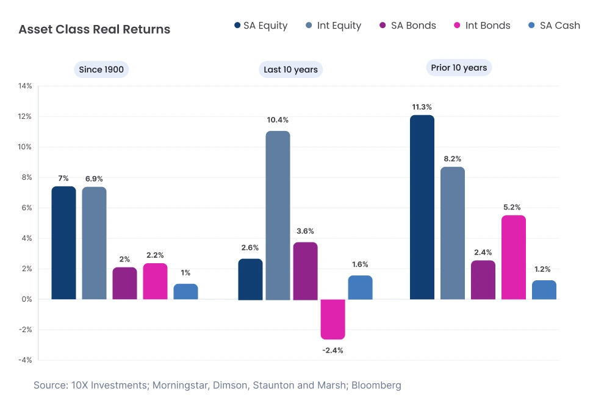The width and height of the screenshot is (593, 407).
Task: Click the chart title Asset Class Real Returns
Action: pos(95,29)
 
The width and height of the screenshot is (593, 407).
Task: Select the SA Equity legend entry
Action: pos(261,26)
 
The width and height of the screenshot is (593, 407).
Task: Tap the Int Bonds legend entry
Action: pos(482,26)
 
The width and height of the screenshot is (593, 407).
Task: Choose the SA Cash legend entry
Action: pos(553,26)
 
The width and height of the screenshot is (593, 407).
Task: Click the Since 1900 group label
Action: pos(101,69)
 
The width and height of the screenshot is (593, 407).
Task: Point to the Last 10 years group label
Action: pos(290,69)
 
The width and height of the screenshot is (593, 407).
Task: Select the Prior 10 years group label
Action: pos(459,68)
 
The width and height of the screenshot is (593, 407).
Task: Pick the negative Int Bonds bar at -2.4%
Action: pos(332,319)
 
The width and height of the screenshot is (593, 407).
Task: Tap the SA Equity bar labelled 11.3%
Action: pos(422,207)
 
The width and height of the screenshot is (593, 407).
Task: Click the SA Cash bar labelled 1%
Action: pos(185,291)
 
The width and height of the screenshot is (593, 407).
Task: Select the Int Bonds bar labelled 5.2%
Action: pos(514,257)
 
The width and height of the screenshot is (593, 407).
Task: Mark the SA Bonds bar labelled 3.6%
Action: pos(305,271)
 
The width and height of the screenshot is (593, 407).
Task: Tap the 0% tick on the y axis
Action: pos(26,299)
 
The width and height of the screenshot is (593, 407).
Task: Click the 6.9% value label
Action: pos(94,179)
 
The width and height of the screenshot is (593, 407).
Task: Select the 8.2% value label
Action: pos(453,158)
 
